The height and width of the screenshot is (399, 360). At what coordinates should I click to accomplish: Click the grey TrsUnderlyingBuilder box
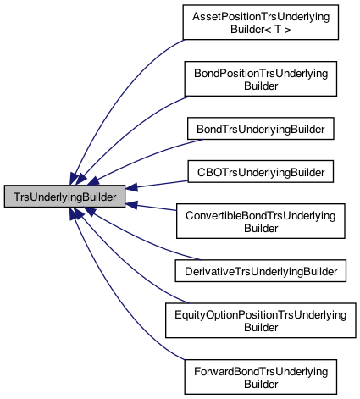click(64, 197)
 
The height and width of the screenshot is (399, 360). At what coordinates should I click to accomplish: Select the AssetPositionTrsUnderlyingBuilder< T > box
click(261, 24)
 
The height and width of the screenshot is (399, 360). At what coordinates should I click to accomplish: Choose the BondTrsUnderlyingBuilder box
click(261, 128)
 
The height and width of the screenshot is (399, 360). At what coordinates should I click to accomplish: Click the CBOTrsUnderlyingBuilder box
click(261, 172)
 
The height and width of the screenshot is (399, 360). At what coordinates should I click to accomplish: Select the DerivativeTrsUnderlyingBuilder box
click(261, 270)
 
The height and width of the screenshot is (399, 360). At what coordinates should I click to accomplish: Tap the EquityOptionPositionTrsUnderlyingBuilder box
click(261, 319)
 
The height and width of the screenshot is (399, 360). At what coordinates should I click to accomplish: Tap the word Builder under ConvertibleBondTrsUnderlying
click(261, 228)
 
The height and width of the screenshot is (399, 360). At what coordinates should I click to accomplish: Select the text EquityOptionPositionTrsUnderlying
click(261, 313)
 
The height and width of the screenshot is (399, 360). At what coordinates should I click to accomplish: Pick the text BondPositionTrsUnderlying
click(261, 74)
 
